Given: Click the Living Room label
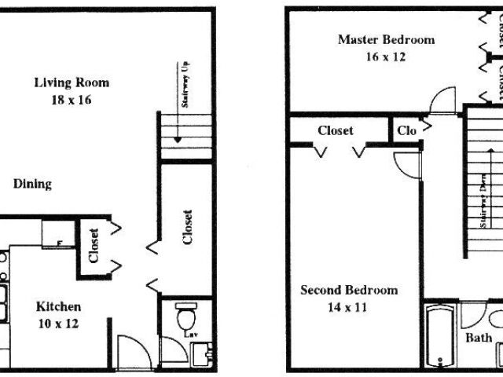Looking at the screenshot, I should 72,82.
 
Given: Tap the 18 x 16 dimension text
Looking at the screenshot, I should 71,100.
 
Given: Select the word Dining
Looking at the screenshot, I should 32,184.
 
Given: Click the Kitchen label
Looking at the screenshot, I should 58,306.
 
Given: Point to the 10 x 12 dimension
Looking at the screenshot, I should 57,322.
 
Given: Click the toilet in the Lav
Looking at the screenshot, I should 186,318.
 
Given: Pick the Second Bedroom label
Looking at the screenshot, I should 349,290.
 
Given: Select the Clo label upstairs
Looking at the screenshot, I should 406,131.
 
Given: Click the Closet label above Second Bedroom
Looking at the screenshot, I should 335,131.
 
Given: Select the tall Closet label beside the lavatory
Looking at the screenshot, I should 187,228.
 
